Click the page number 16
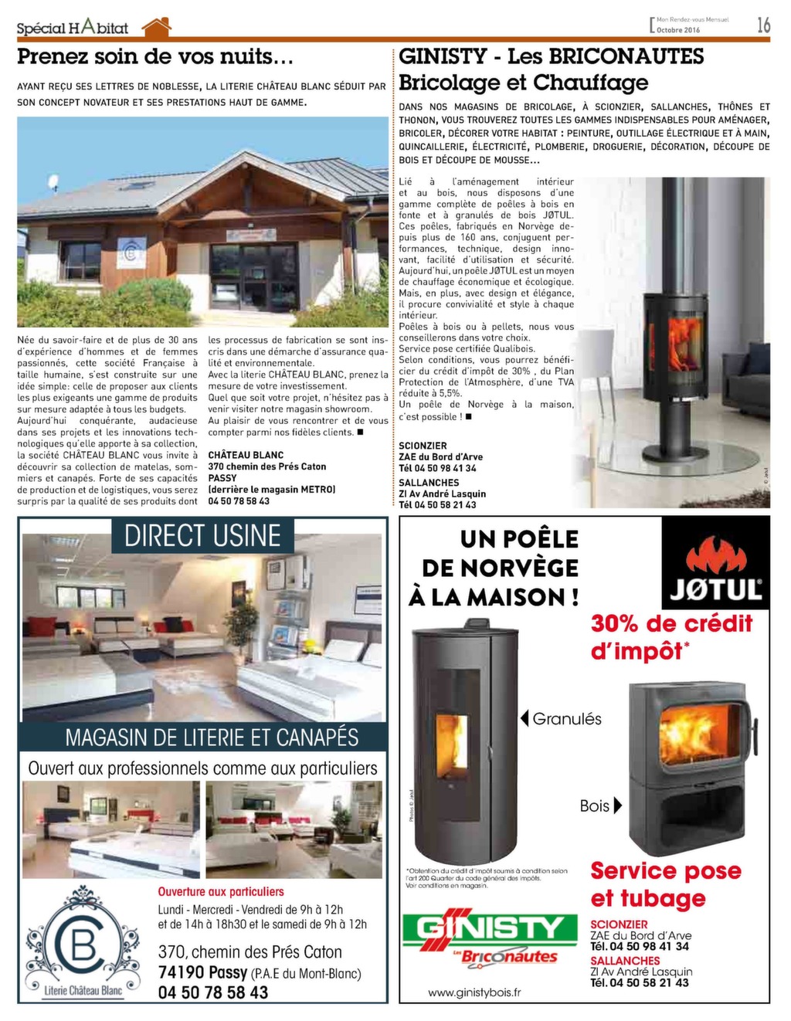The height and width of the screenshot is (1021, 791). tap(763, 25)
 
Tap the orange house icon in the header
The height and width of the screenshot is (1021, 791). tap(156, 27)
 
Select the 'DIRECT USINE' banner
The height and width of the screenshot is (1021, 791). tap(202, 535)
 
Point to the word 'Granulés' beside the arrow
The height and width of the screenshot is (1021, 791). tap(567, 719)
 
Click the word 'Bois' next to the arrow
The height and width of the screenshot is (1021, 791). tap(595, 806)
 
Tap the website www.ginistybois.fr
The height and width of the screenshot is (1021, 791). tap(474, 992)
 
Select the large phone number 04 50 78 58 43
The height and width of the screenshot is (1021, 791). tap(213, 992)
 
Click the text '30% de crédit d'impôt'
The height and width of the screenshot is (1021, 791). tap(670, 636)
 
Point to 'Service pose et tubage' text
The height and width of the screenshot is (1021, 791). tap(665, 884)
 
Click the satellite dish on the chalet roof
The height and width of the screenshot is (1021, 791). tap(53, 183)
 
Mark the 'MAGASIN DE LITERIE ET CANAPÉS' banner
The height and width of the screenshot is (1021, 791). tap(212, 737)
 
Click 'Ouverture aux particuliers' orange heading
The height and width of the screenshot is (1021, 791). tap(221, 891)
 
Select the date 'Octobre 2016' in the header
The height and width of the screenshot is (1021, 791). tap(678, 30)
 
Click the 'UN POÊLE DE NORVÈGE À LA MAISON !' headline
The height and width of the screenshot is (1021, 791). tap(494, 568)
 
